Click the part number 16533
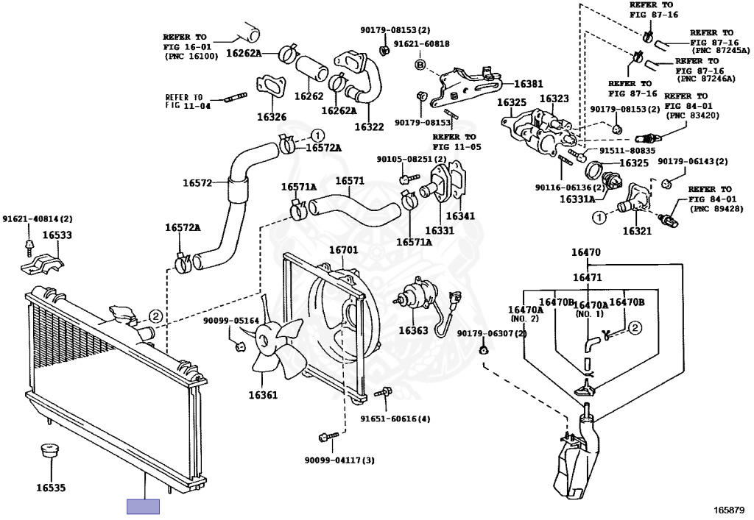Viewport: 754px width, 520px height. pyautogui.click(x=56, y=235)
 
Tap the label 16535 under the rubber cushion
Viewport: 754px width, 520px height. pyautogui.click(x=51, y=486)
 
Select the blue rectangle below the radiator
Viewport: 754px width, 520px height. pyautogui.click(x=143, y=506)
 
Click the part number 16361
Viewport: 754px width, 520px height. pyautogui.click(x=263, y=396)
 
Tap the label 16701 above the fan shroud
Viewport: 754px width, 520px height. pyautogui.click(x=343, y=250)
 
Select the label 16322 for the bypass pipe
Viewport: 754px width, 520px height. pyautogui.click(x=369, y=127)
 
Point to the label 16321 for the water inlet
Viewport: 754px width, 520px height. pyautogui.click(x=638, y=231)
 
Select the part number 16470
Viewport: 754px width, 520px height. pyautogui.click(x=586, y=252)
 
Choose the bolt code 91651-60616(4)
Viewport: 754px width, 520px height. pyautogui.click(x=395, y=419)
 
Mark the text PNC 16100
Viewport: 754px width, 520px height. pyautogui.click(x=191, y=56)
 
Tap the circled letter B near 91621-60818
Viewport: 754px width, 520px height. pyautogui.click(x=420, y=65)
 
